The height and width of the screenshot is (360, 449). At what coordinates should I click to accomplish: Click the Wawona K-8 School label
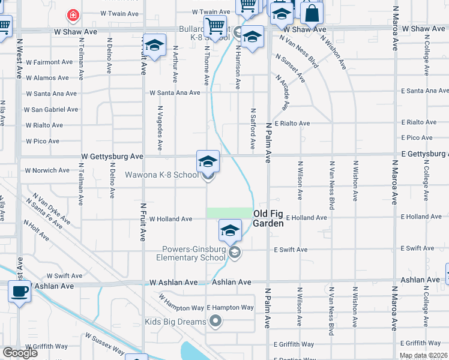(161, 175)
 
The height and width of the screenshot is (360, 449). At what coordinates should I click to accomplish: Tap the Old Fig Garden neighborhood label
(268, 218)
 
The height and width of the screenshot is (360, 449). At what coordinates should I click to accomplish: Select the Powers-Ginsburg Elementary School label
(193, 254)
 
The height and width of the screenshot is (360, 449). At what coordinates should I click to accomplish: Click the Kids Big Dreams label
(175, 322)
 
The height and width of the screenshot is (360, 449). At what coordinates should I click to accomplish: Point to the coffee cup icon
(20, 292)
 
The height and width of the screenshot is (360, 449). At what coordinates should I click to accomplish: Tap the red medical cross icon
(73, 14)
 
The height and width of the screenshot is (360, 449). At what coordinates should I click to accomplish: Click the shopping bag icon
(312, 13)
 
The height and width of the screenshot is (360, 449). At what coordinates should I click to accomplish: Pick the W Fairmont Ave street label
(50, 62)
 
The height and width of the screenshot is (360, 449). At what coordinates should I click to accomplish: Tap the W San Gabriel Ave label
(51, 110)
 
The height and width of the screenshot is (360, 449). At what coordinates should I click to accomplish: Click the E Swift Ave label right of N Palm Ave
(291, 250)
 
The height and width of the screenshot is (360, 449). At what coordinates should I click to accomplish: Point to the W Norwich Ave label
(47, 170)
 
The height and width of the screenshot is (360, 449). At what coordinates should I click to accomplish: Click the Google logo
(20, 353)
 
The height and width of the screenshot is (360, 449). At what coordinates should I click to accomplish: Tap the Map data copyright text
(423, 355)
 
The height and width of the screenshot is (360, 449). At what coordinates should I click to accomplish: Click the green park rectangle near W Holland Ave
(229, 213)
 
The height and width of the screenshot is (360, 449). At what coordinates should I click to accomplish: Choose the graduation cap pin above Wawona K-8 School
(208, 161)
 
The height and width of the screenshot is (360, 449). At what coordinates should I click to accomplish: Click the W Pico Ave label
(43, 141)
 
